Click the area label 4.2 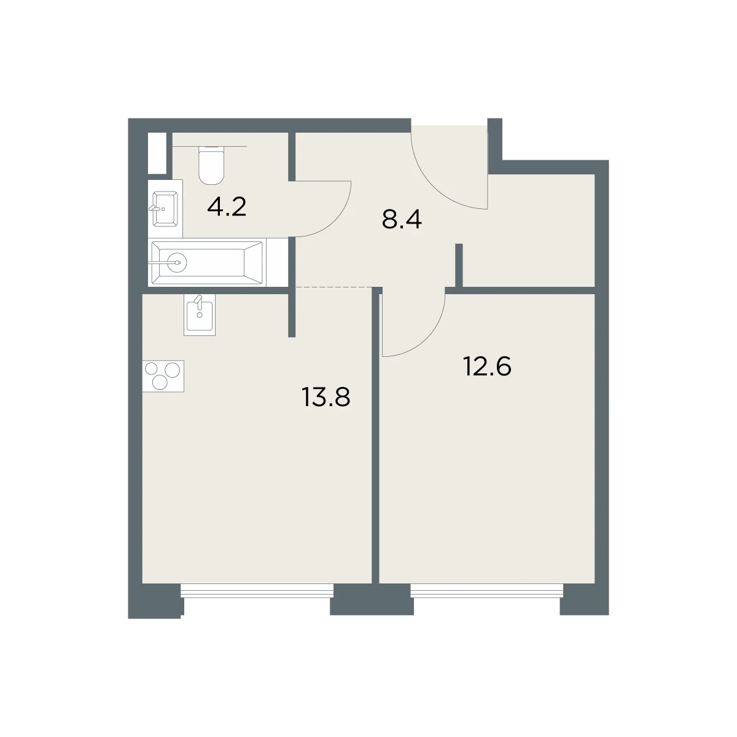(x=227, y=208)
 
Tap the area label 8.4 (x=402, y=220)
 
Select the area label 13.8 (x=326, y=397)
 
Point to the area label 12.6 (x=487, y=367)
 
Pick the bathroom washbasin (x=165, y=209)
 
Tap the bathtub (x=208, y=263)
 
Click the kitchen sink (x=199, y=315)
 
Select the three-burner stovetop (x=163, y=376)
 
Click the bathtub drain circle (x=177, y=262)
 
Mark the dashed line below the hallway (x=333, y=286)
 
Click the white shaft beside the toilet (x=157, y=153)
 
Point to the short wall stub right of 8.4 (x=459, y=265)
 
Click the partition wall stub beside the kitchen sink (x=292, y=312)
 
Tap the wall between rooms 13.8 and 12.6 (x=376, y=436)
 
